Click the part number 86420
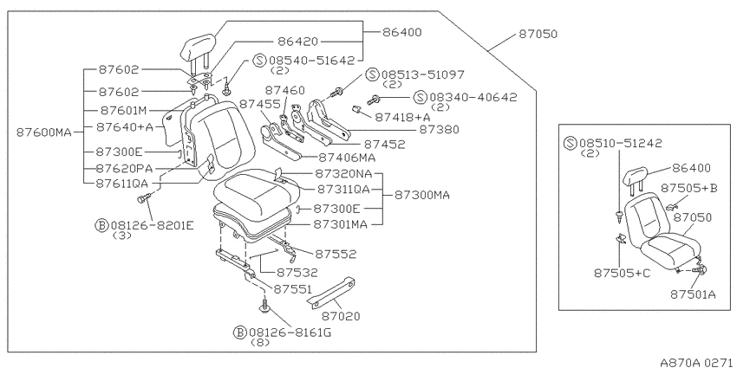coord(297,42)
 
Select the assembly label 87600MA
coord(44,132)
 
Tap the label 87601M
coord(124,111)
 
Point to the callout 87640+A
coord(125,126)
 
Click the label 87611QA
coord(121,183)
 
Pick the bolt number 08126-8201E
coord(152,225)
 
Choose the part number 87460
coord(284,90)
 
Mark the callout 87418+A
coord(402,117)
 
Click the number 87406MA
coord(347,158)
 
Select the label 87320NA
coord(343,174)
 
